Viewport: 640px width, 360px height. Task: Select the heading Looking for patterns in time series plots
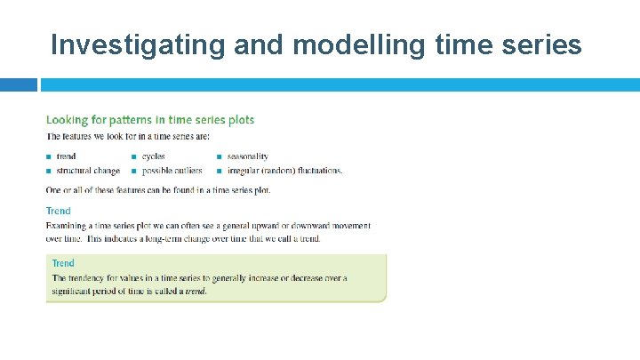tap(149, 120)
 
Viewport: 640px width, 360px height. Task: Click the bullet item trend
tap(66, 156)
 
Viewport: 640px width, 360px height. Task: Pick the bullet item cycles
tap(153, 156)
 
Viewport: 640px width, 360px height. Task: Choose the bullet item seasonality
tap(248, 156)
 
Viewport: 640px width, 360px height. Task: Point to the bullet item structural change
tap(88, 171)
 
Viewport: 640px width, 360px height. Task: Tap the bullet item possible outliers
tap(172, 171)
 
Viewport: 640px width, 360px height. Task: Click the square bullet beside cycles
tap(133, 157)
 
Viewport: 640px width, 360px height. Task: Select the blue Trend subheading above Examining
tap(58, 211)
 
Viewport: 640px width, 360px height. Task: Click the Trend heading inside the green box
tap(63, 263)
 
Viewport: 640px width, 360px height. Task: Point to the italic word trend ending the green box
tap(195, 292)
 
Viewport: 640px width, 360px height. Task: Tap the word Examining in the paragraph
tap(68, 227)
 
